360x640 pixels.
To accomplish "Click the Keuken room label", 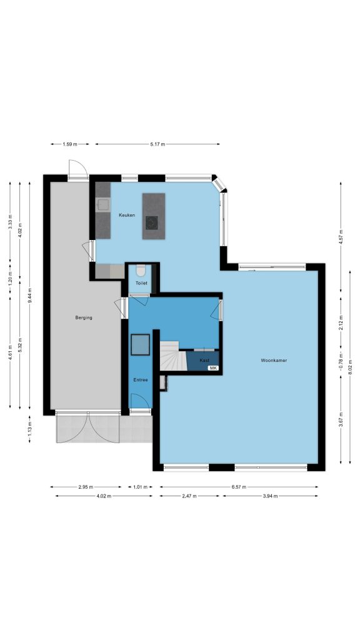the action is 127,215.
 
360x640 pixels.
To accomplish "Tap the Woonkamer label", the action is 274,361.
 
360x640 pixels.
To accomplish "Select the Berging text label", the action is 84,317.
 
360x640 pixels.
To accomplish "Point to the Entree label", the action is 141,380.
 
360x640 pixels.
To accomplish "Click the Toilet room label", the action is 141,283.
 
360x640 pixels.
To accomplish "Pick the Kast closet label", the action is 204,361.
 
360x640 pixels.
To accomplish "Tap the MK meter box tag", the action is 214,368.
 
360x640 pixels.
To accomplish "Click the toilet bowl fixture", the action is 141,271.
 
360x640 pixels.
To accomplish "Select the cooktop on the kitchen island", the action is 152,222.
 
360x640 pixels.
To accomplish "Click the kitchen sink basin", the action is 103,204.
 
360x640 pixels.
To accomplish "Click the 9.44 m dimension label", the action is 30,295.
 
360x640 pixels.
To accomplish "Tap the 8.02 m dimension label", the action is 350,367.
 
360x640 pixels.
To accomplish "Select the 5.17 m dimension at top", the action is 157,144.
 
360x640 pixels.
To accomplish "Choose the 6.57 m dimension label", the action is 239,487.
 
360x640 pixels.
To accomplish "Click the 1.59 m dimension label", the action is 70,144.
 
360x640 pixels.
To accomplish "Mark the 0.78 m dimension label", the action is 341,359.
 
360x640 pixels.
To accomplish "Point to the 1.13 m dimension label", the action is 30,429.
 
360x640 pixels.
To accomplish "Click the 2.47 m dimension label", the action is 189,496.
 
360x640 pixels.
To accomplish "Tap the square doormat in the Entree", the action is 141,345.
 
